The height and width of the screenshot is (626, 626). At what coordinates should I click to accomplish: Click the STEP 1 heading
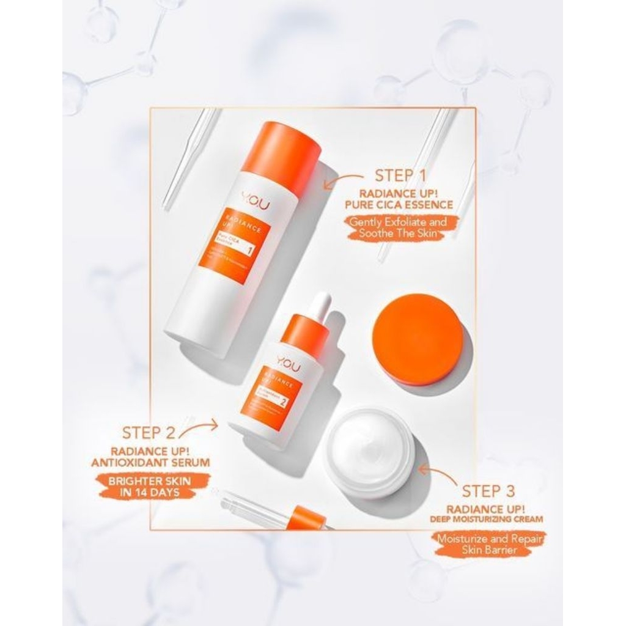click(x=400, y=176)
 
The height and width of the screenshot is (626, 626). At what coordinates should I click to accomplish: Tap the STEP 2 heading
click(x=149, y=433)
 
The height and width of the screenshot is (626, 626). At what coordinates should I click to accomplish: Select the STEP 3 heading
click(x=488, y=491)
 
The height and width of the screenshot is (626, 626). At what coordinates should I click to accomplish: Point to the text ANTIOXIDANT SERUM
click(x=150, y=463)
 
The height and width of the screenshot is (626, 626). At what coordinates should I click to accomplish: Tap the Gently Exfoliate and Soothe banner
click(x=399, y=228)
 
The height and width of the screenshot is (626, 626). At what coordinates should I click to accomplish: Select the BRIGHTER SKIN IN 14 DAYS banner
click(x=149, y=487)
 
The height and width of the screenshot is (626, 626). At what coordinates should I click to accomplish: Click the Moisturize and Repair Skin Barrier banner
click(x=487, y=544)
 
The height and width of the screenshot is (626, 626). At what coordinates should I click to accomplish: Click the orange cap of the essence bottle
click(x=281, y=152)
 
